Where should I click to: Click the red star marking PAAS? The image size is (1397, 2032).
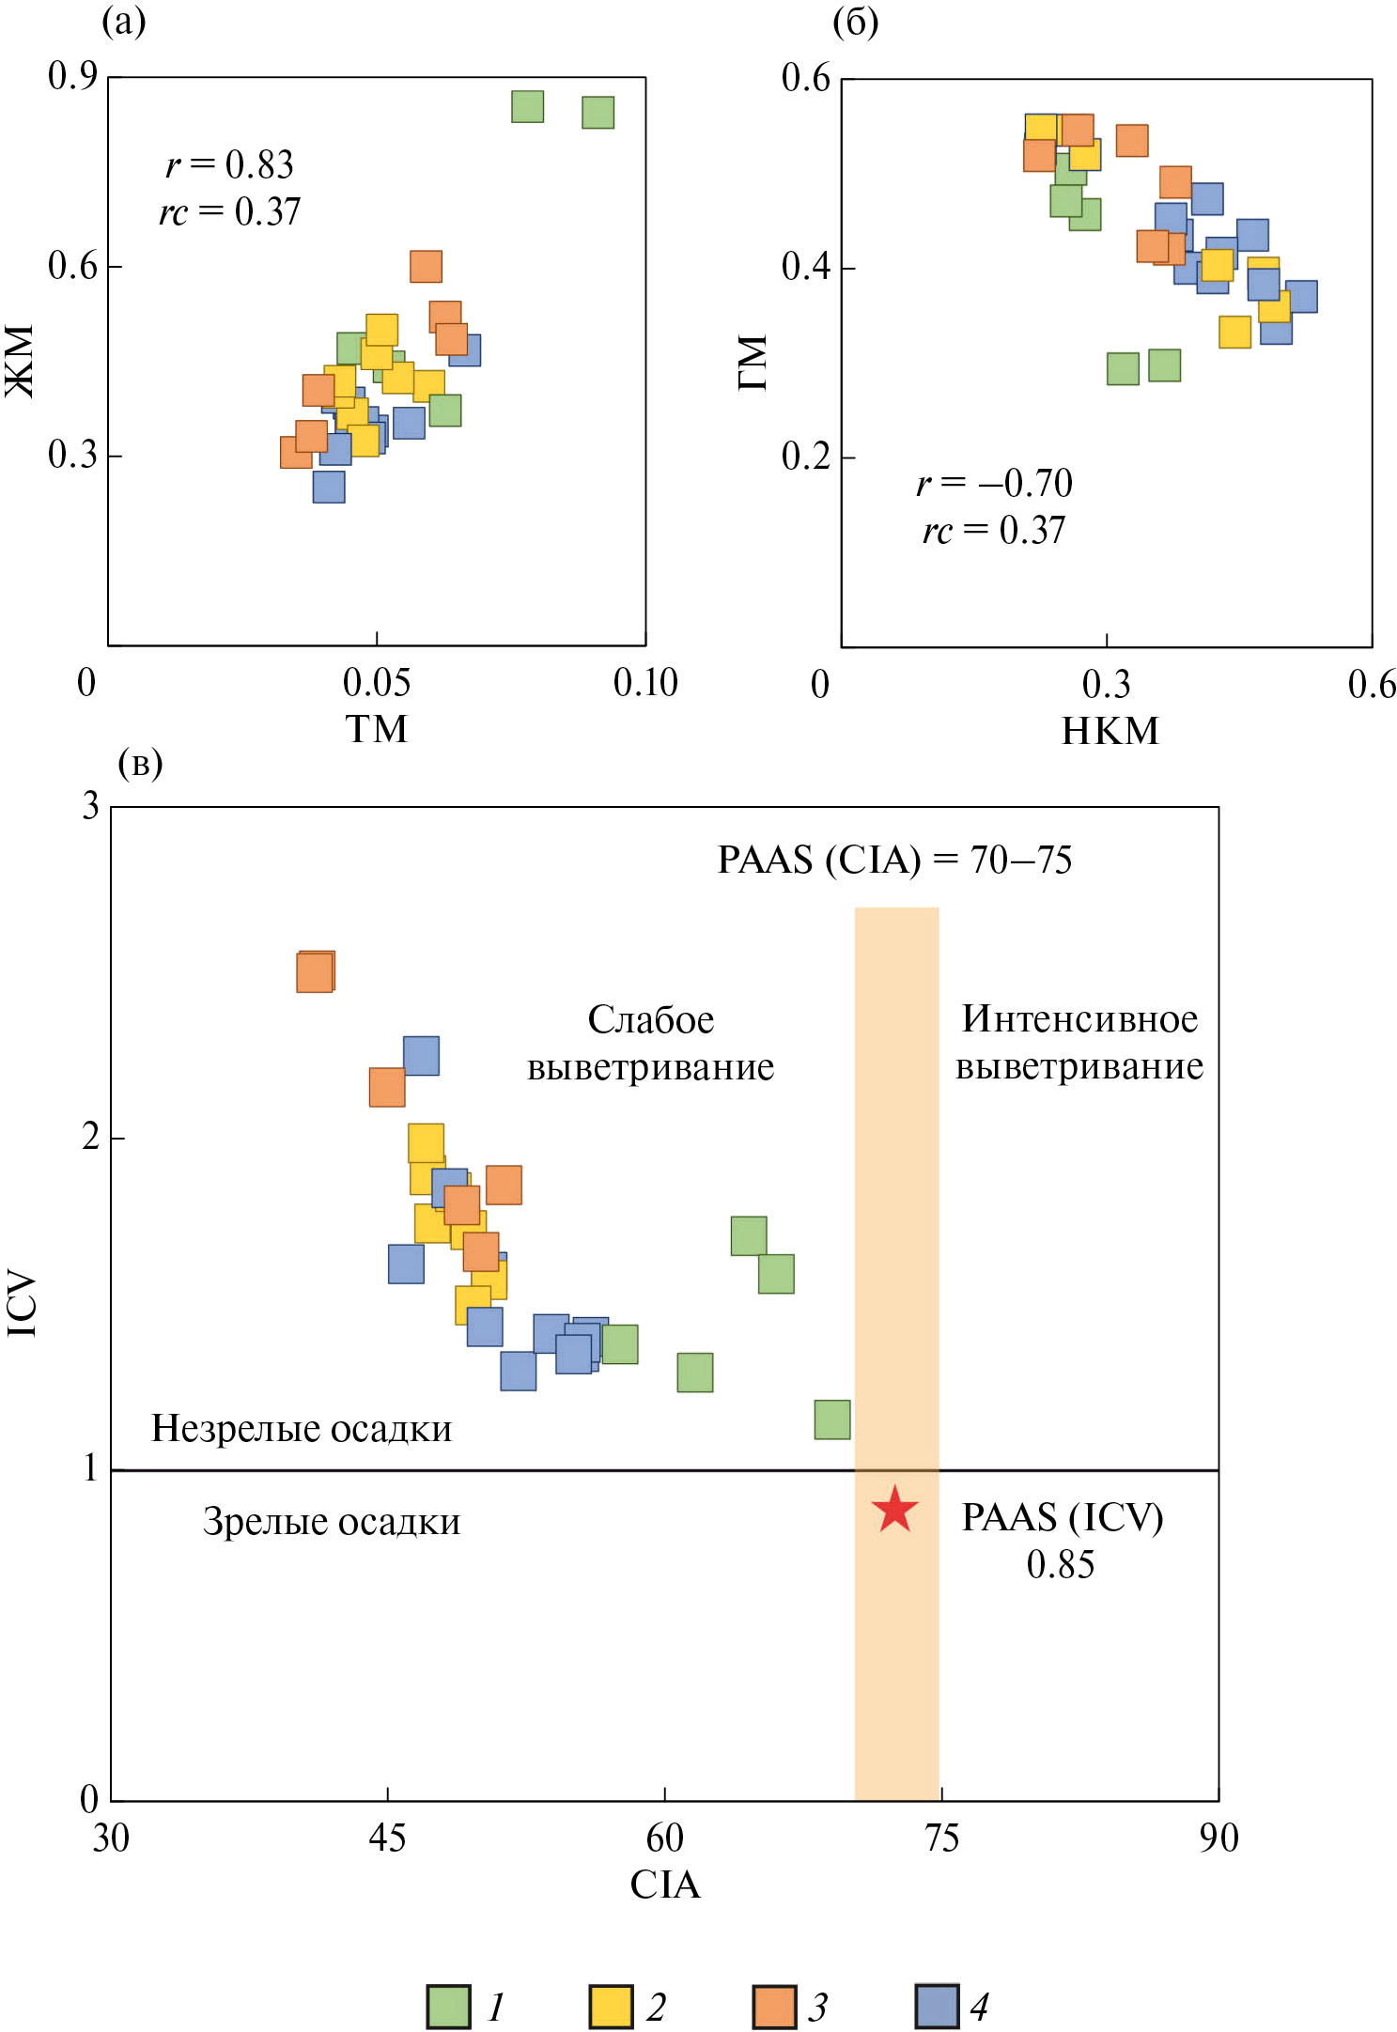coord(894,1510)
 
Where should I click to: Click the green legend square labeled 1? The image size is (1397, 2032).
coord(448,2007)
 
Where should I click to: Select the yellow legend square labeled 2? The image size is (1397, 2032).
coord(611,2007)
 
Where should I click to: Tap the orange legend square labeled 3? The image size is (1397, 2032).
coord(774,2007)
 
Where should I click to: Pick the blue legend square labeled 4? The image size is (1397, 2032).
coord(937,2007)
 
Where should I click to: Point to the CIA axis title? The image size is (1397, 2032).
coord(665,1885)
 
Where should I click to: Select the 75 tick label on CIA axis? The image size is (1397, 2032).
coord(941,1838)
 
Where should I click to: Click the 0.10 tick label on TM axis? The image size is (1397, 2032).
coord(645,683)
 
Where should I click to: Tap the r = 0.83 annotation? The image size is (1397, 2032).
coord(230,165)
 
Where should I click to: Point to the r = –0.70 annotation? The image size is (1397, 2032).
coord(994,484)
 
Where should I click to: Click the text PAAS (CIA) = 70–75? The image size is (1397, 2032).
coord(894,860)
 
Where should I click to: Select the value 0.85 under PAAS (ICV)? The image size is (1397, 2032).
coord(1061,1564)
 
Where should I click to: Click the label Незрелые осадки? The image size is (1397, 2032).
coord(302,1428)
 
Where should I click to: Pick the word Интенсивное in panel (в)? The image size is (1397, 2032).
coord(1079,1019)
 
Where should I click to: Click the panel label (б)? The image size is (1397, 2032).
coord(855,22)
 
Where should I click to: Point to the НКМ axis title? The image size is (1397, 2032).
coord(1110,731)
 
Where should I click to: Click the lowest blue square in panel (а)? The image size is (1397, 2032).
coord(329,487)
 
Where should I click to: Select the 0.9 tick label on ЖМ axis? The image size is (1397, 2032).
coord(72,77)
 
